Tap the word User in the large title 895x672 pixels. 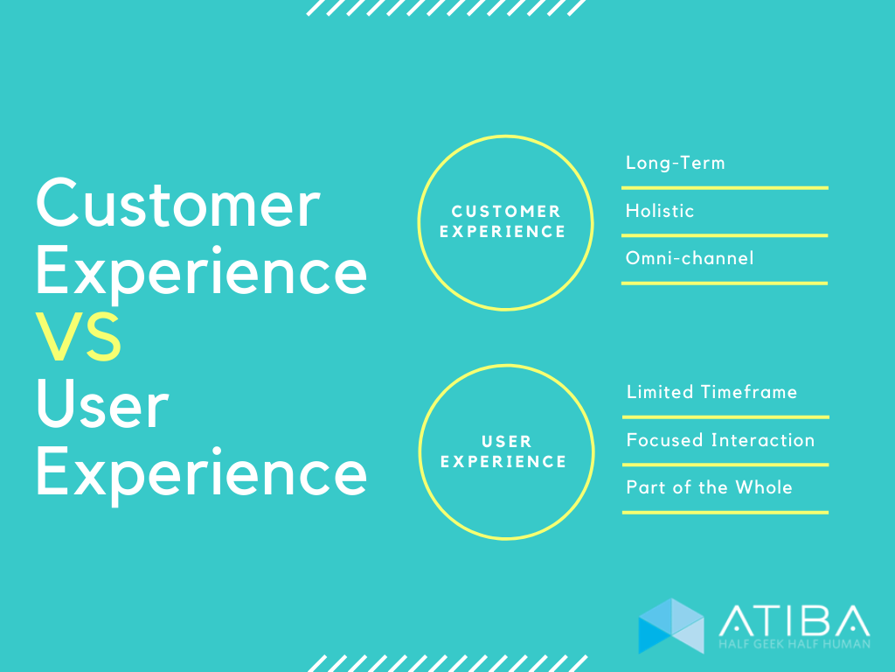coord(102,406)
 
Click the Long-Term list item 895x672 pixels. coord(675,163)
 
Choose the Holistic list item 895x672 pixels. coord(660,211)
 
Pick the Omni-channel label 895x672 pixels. coord(690,258)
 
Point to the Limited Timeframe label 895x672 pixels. coord(711,392)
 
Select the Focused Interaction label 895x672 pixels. coord(720,440)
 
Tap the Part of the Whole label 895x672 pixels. coord(709,487)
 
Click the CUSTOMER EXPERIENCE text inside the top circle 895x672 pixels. coord(505,221)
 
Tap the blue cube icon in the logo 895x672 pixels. coord(670,626)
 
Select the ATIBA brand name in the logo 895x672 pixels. coord(794,620)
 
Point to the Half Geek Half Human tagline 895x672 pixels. coord(794,645)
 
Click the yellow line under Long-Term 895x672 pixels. coord(725,187)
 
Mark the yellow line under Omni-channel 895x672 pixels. coord(725,283)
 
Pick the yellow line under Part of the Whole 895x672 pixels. coord(725,512)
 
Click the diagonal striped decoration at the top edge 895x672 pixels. coord(447,8)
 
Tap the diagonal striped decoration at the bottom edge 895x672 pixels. coord(447,663)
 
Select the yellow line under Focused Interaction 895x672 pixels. coord(725,465)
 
